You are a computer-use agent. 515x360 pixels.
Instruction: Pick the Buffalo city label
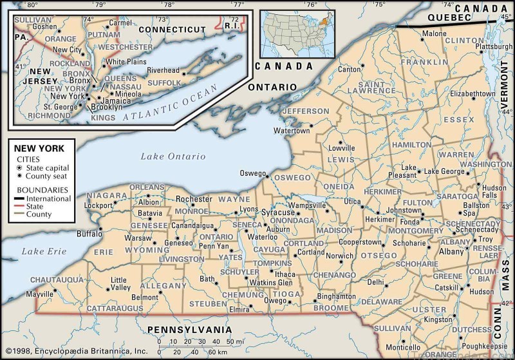pyautogui.click(x=89, y=234)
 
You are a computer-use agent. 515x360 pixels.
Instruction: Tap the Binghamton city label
pyautogui.click(x=336, y=296)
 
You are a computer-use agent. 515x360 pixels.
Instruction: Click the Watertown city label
pyautogui.click(x=292, y=130)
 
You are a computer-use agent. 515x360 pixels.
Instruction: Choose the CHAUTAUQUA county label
pyautogui.click(x=57, y=279)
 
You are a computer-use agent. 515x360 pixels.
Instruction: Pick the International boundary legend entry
pyautogui.click(x=48, y=199)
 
